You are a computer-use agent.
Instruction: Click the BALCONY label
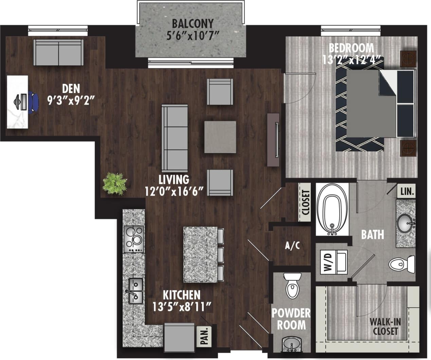coord(193,24)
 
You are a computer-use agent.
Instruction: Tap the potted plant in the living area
coord(115,184)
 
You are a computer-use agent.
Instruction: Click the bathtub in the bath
coord(332,209)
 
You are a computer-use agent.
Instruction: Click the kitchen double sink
coord(135,291)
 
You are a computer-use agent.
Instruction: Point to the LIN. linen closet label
coord(407,192)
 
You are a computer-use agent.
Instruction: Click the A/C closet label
coord(292,246)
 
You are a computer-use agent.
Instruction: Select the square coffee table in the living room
coord(220,137)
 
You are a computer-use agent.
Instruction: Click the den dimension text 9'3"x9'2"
coord(71,101)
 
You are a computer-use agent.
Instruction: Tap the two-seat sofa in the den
coord(59,53)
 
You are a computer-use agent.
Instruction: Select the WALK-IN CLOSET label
coord(385,326)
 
